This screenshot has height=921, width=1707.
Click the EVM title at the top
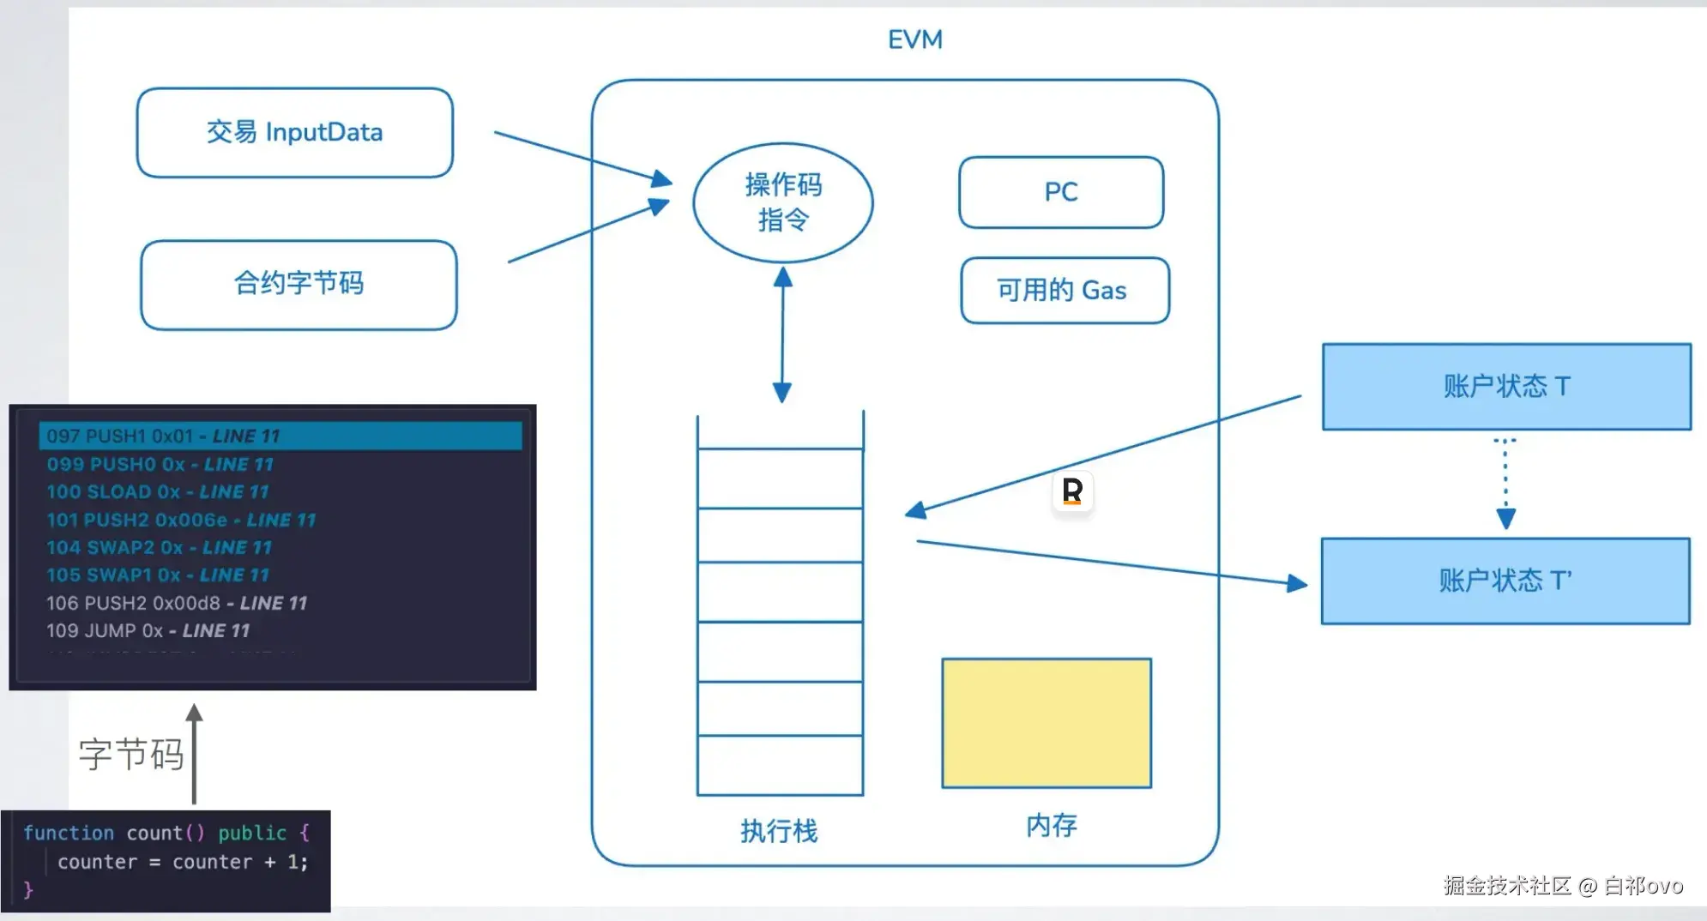click(x=914, y=39)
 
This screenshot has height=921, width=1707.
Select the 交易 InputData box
click(x=294, y=133)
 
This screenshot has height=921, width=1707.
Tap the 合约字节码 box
click(x=299, y=284)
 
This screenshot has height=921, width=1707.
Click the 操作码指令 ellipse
click(x=782, y=202)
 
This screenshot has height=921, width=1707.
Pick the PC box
click(x=1060, y=192)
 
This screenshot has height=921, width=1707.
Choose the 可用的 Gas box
click(x=1064, y=291)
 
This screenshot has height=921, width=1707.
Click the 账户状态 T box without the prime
click(x=1506, y=387)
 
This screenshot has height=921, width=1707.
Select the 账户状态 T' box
click(x=1505, y=581)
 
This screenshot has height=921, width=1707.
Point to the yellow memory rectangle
click(x=1047, y=723)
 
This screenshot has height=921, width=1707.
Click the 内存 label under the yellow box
click(x=1052, y=825)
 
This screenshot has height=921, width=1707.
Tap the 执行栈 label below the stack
click(x=779, y=830)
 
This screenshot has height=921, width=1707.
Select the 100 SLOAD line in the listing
click(x=158, y=492)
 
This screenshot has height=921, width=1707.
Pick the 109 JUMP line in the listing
click(x=148, y=631)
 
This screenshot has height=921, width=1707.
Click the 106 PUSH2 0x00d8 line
click(x=176, y=604)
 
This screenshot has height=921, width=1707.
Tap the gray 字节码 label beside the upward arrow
click(x=131, y=755)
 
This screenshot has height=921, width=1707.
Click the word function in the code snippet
click(x=69, y=833)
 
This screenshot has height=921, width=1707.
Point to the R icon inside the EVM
click(x=1072, y=491)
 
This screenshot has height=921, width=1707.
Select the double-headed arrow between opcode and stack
click(x=782, y=334)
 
